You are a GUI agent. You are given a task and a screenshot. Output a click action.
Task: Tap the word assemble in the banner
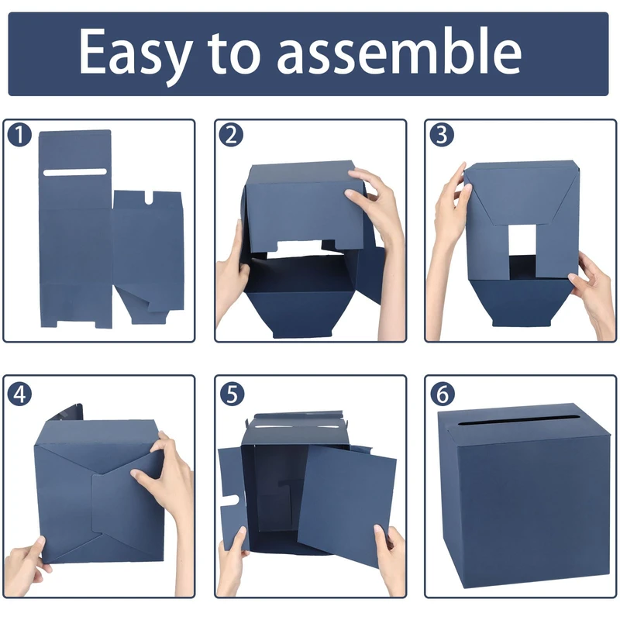399,51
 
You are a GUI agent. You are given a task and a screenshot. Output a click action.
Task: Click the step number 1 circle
19,135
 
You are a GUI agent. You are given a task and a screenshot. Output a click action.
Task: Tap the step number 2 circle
231,135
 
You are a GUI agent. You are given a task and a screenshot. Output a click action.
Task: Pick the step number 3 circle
442,135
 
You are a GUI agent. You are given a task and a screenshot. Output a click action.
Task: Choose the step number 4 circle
19,394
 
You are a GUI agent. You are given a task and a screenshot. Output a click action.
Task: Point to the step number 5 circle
232,394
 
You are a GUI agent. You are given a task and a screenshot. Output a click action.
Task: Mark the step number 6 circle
443,394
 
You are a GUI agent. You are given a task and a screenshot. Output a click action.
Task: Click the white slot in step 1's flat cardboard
75,172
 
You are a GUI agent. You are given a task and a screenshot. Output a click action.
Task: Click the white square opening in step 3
522,240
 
